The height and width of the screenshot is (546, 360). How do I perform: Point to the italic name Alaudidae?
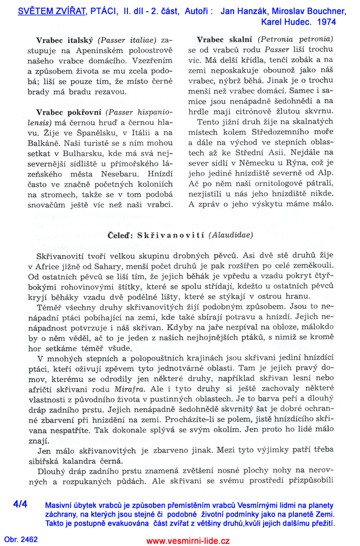[231, 235]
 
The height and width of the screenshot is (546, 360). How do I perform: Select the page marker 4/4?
[20, 504]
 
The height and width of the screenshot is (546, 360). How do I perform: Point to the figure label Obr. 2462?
[21, 539]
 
